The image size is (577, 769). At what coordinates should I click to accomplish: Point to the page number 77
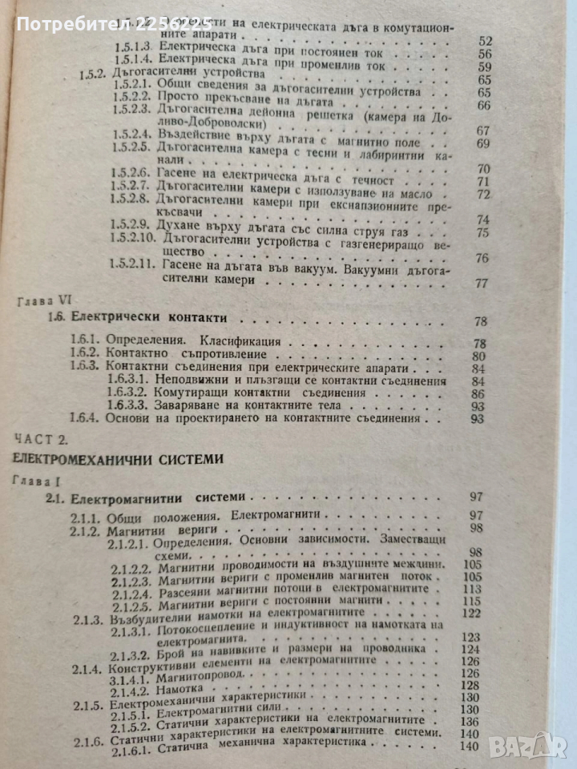(482, 284)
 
